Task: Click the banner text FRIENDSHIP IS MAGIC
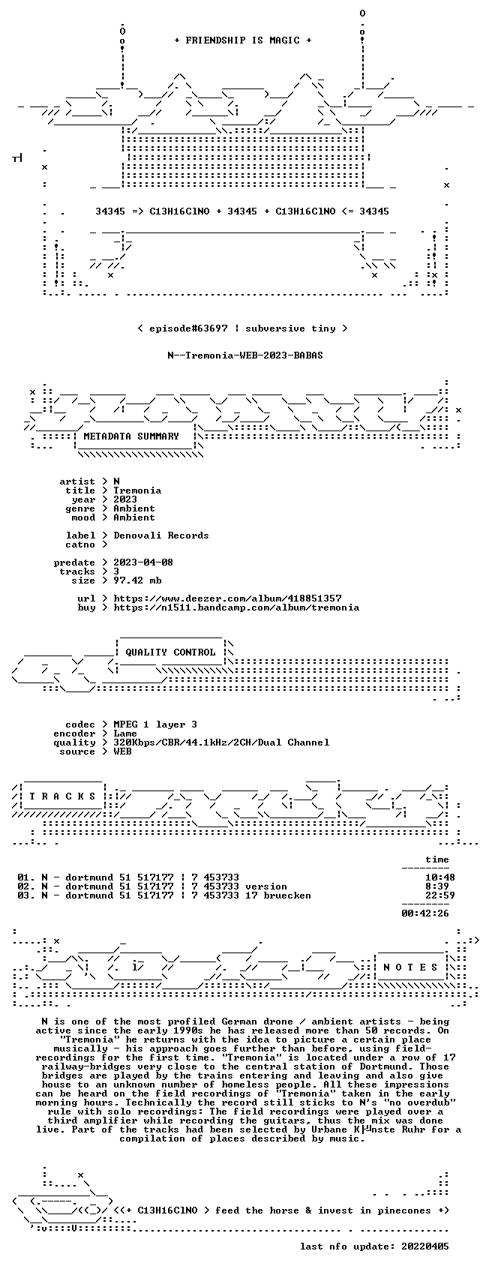tap(242, 40)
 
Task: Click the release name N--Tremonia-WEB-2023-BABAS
tap(245, 355)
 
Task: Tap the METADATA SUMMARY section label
tap(130, 436)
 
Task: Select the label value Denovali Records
tap(160, 535)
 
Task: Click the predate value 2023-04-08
tap(143, 562)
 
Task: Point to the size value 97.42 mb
tap(137, 580)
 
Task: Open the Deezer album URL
tap(227, 598)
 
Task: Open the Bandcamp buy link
tap(236, 607)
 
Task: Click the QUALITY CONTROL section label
tap(170, 652)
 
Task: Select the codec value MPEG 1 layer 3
tap(155, 724)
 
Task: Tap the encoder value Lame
tap(125, 733)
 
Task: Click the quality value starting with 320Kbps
tap(221, 742)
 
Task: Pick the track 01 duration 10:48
tap(440, 877)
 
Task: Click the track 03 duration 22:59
tap(440, 895)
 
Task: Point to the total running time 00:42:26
tap(424, 913)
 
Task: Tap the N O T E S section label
tap(411, 967)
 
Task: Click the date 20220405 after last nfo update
tap(424, 1246)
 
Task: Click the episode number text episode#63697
tap(188, 328)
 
